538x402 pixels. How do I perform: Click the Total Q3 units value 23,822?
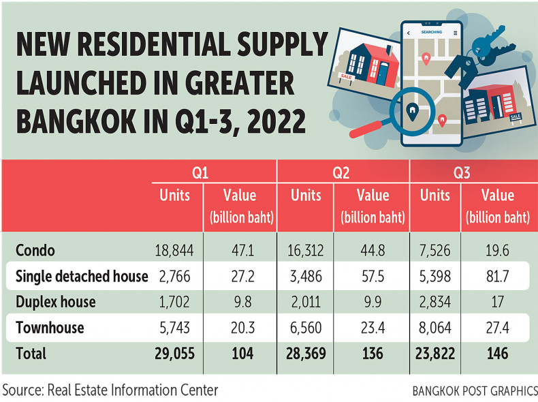pos(434,354)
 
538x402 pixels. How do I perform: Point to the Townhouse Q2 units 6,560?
pos(305,328)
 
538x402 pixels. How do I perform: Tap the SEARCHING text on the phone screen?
pos(432,32)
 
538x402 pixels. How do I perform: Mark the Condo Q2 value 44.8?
pos(370,250)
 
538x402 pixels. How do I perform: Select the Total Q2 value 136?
pos(370,354)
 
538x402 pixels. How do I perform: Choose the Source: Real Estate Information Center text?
pos(111,390)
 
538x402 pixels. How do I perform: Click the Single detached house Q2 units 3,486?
pos(305,276)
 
